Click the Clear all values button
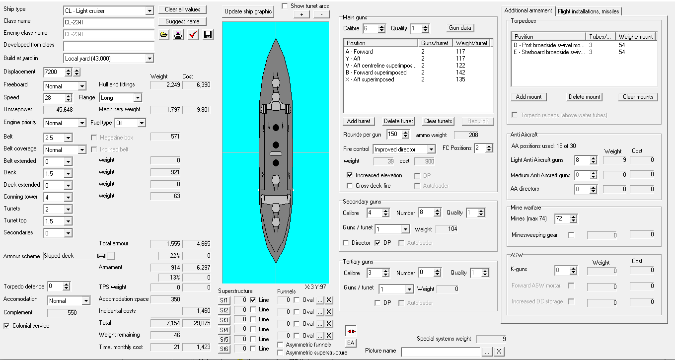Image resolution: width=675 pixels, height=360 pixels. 182,9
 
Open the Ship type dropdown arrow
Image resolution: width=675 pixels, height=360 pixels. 150,11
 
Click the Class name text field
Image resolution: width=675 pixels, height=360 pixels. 109,22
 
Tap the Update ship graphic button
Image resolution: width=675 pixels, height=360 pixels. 248,11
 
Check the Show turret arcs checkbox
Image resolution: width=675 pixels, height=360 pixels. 285,6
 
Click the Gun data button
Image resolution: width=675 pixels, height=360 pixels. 460,28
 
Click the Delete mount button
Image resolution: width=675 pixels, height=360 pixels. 584,97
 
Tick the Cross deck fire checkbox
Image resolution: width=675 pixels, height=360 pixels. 350,186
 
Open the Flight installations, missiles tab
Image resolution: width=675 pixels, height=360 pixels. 588,11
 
